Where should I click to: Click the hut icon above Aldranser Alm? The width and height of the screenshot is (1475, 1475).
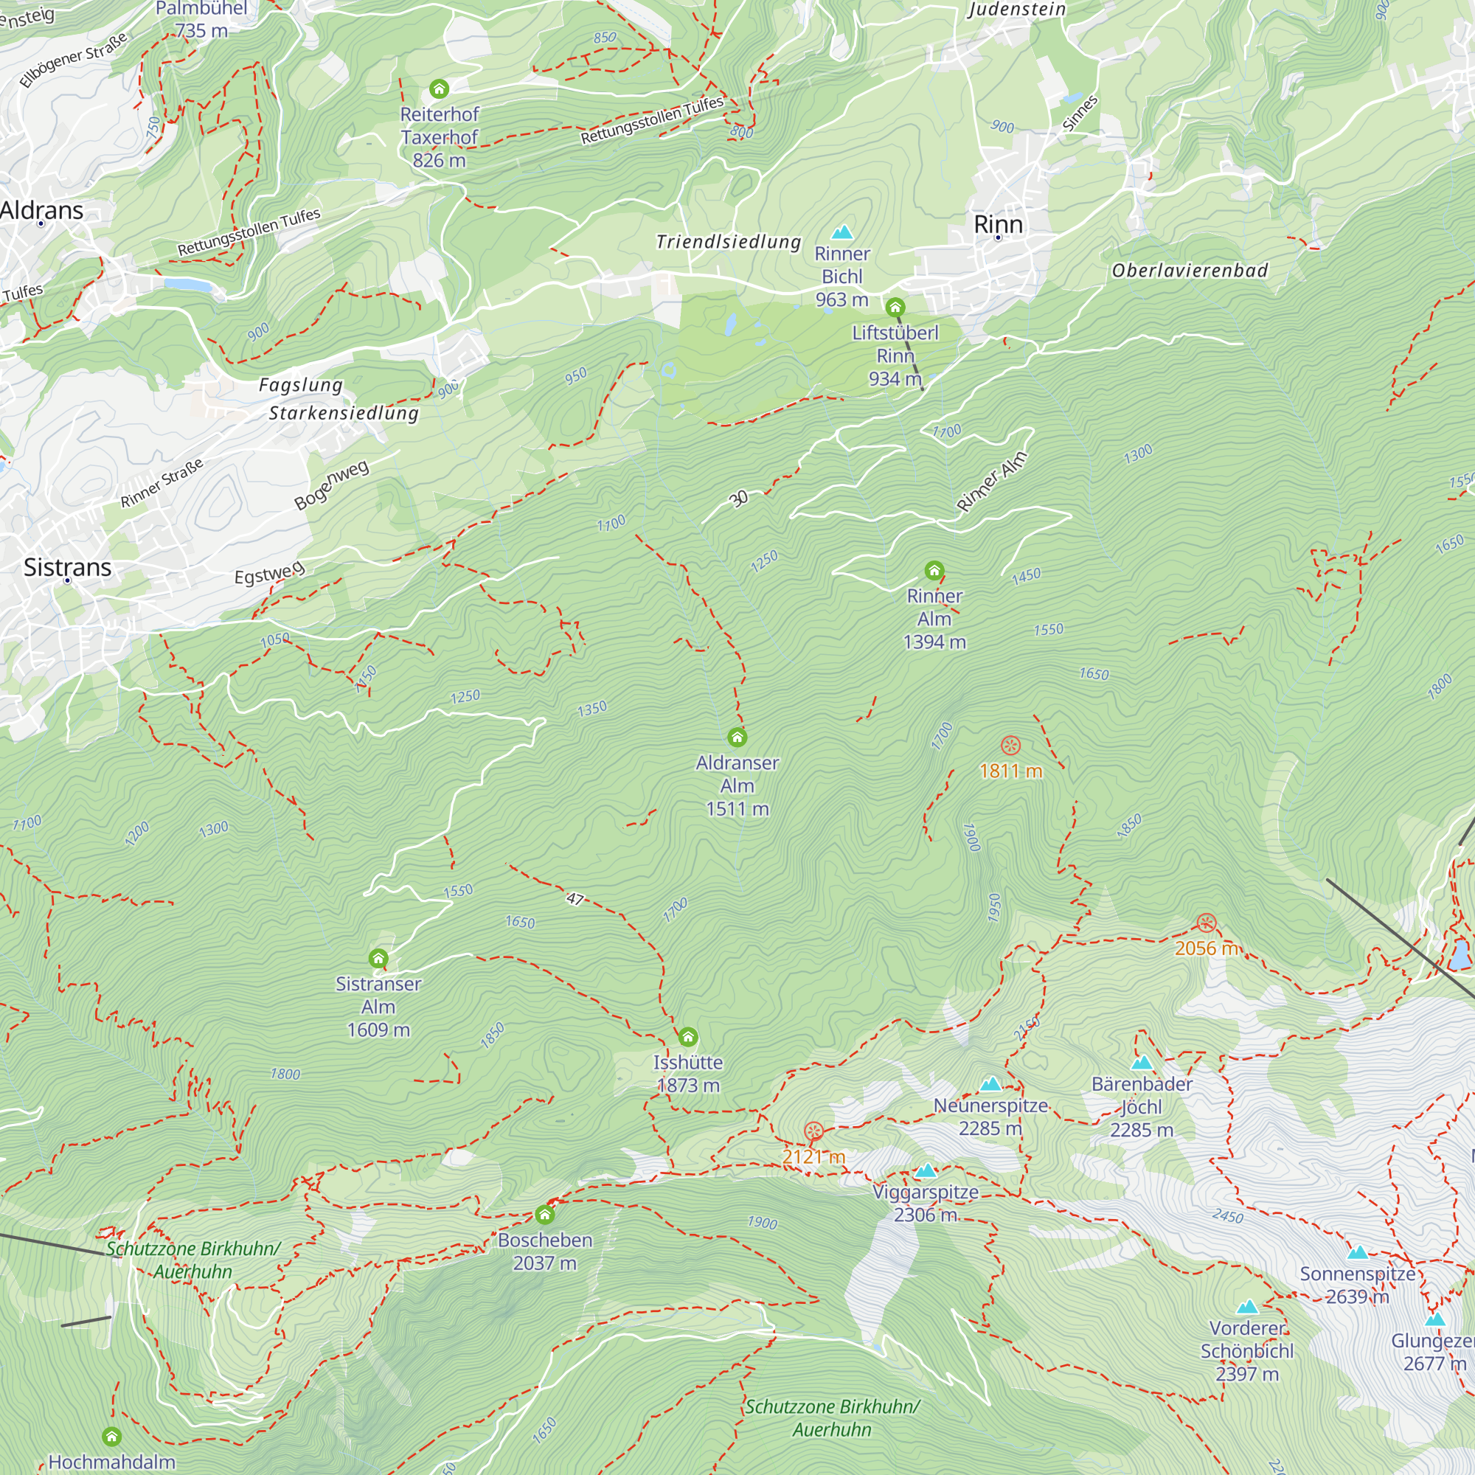(737, 737)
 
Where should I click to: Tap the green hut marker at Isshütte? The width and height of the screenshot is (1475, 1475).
(688, 1037)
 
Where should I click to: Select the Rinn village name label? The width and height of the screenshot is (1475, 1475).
(998, 224)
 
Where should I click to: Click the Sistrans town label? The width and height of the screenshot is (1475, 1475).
(67, 567)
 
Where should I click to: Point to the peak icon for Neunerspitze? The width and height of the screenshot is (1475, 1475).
(990, 1084)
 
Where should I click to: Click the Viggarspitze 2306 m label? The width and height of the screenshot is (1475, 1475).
(926, 1202)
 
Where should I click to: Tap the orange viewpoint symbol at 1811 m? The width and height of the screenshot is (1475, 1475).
(1011, 745)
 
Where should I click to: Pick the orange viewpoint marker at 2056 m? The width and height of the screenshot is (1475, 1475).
(1207, 923)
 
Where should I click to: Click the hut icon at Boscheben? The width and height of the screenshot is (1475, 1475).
(544, 1214)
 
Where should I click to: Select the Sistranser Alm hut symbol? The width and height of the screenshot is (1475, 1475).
(378, 958)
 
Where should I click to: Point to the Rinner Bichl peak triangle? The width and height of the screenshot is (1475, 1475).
(842, 232)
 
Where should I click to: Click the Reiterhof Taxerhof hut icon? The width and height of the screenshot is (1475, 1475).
(439, 88)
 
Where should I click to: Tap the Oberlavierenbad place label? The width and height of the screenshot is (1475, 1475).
(1190, 270)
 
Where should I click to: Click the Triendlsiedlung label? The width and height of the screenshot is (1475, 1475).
(729, 242)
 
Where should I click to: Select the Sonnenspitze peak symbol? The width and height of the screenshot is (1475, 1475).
(1358, 1253)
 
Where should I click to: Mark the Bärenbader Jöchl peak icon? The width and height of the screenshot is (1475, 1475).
(1142, 1063)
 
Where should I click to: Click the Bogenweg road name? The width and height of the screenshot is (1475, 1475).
(331, 484)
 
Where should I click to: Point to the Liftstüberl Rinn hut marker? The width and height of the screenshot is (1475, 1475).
(895, 308)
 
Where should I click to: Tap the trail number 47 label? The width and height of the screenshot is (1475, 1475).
(575, 898)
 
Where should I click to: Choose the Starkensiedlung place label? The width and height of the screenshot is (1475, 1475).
(344, 413)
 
